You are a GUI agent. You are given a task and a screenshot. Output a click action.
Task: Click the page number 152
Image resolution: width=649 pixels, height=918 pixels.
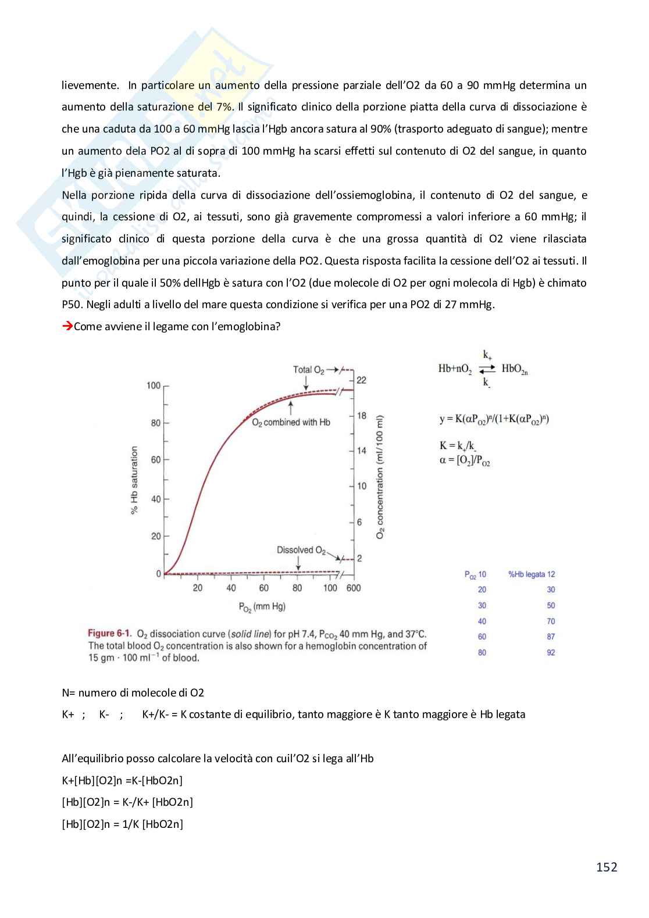606,867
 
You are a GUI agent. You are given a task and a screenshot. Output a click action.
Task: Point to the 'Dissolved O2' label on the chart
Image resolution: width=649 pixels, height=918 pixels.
301,550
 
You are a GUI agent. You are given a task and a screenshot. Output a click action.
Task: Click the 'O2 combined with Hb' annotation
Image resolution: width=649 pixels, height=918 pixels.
291,423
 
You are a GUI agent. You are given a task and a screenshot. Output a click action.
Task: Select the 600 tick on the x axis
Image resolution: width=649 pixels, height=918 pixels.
353,588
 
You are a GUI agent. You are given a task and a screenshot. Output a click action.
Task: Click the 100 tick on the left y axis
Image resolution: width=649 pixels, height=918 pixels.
153,385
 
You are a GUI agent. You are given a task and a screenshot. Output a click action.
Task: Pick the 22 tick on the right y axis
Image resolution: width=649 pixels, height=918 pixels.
362,380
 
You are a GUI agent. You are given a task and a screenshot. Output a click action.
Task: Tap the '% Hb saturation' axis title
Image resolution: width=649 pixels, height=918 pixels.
134,480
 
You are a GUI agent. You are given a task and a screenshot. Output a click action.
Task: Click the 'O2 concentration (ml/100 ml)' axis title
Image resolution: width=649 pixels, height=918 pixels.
380,477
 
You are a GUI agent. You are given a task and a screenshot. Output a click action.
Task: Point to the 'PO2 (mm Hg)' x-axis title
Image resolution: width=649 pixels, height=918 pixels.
262,607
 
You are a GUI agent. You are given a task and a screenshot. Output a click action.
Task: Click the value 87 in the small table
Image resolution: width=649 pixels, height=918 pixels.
551,637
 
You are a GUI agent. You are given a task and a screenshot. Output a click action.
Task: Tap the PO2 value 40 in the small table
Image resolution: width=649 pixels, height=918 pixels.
482,621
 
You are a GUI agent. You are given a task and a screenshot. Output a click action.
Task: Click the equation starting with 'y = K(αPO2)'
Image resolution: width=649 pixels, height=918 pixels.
494,419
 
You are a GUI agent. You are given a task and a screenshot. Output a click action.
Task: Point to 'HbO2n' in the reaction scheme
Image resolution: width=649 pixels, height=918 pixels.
514,369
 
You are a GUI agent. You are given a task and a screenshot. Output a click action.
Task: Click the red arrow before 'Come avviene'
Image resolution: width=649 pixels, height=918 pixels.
67,326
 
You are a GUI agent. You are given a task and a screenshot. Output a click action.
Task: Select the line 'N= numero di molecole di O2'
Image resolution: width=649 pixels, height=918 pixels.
133,692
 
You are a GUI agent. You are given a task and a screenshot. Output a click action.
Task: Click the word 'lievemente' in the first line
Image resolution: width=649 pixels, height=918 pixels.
90,85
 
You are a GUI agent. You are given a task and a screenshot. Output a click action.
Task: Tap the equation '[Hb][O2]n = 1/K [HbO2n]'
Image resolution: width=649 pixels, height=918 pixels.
123,824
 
